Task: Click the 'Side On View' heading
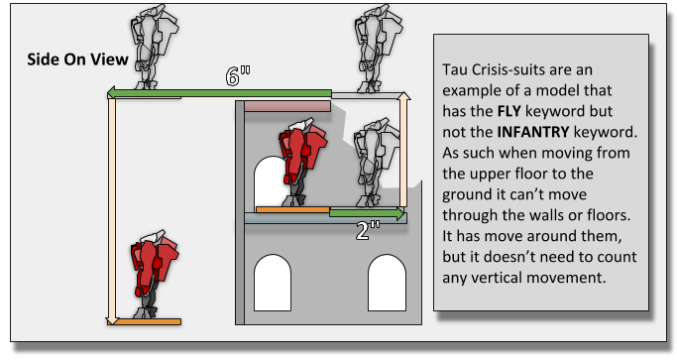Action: (77, 60)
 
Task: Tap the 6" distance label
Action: (238, 76)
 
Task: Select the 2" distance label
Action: (369, 230)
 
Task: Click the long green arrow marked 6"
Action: (219, 93)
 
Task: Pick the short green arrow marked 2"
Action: (367, 212)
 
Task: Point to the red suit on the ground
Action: (155, 274)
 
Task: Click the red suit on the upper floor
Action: (302, 162)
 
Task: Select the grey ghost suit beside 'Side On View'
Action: (155, 47)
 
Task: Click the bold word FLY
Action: (509, 111)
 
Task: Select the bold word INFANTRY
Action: (533, 132)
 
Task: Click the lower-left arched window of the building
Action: (273, 283)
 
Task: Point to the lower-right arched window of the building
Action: (387, 283)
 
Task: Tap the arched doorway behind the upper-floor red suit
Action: (269, 181)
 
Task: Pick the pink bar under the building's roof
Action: (287, 106)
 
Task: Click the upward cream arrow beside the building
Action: (403, 150)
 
